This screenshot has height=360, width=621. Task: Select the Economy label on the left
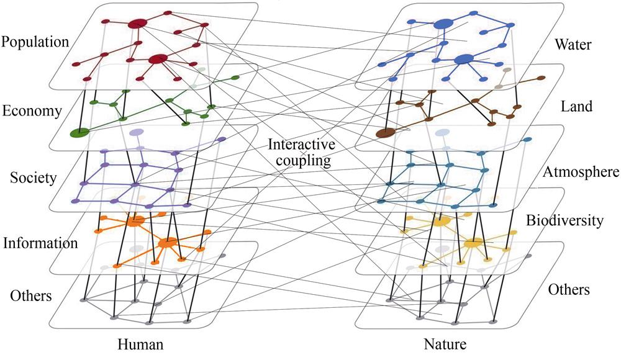pos(32,111)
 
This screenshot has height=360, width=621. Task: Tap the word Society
pos(34,178)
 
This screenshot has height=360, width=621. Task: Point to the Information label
pos(40,243)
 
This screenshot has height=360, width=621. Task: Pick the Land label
pos(576,106)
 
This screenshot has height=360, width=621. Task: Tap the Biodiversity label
pos(565,220)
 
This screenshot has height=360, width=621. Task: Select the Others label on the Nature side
pos(568,289)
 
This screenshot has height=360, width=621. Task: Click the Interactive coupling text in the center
pos(302,152)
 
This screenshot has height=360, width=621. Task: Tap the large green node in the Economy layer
pos(79,132)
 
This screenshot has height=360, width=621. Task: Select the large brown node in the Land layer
pos(386,133)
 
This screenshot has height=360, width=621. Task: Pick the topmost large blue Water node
pos(443,24)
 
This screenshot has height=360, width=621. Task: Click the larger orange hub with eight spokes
pos(166,243)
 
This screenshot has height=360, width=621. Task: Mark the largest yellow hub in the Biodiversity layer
pos(473,243)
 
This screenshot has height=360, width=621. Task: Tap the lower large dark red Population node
pos(158,59)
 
